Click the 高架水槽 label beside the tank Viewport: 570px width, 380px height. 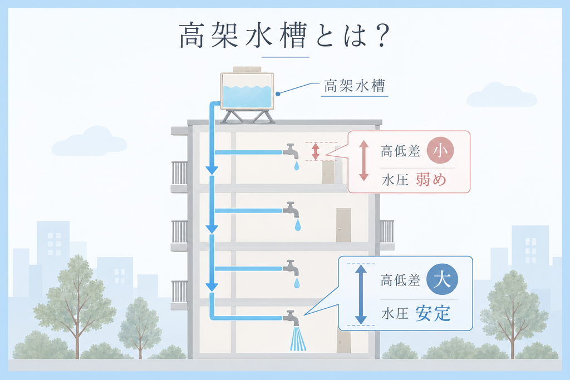coord(354,86)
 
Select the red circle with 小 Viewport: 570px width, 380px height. coord(440,150)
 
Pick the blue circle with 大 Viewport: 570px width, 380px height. coord(441,279)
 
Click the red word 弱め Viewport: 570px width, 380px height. coord(431,180)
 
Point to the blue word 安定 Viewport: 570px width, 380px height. coord(433,313)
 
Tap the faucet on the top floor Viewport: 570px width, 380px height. coord(291,151)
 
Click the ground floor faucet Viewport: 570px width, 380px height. coord(291,318)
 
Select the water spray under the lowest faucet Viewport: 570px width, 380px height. coord(298,339)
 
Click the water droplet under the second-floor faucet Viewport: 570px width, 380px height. coord(297,283)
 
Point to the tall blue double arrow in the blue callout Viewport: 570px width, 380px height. coord(361,294)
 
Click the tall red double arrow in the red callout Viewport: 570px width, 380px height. coord(364,161)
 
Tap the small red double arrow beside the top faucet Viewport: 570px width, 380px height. coord(315,151)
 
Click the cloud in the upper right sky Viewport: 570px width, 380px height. coord(502,95)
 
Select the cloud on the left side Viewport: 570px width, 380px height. coord(90,142)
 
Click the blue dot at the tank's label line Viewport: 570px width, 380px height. coord(278,93)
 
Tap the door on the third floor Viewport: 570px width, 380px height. coord(343,225)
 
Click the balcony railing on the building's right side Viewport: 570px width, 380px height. coord(387,231)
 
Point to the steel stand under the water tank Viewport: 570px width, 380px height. coord(247,116)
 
